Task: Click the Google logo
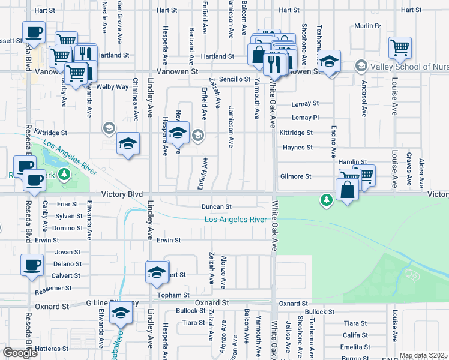pyautogui.click(x=20, y=353)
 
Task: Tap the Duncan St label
pyautogui.click(x=216, y=206)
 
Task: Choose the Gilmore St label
pyautogui.click(x=295, y=177)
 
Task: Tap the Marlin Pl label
pyautogui.click(x=367, y=26)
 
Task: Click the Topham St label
pyautogui.click(x=173, y=296)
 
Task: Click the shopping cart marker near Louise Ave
pyautogui.click(x=399, y=46)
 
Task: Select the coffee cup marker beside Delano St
pyautogui.click(x=31, y=265)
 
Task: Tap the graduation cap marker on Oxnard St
pyautogui.click(x=120, y=313)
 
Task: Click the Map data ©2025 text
pyautogui.click(x=423, y=356)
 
